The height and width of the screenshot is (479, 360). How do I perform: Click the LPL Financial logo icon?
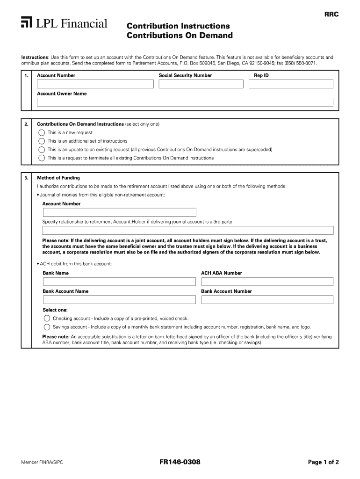(x=26, y=22)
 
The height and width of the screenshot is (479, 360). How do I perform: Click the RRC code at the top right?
(x=331, y=15)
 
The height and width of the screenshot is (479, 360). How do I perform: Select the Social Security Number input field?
(x=201, y=84)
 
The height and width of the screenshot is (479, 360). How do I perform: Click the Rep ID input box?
(x=291, y=84)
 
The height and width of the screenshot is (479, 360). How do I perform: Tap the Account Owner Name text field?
(x=185, y=102)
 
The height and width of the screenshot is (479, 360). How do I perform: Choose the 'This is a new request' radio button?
(x=42, y=132)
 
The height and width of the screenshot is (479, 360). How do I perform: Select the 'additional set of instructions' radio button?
(x=42, y=141)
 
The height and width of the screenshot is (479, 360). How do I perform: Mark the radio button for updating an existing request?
(x=42, y=150)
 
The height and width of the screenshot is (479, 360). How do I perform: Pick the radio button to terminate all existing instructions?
(x=42, y=158)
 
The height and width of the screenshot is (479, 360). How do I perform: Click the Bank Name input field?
(x=119, y=282)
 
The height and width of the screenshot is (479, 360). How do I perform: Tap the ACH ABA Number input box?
(x=267, y=282)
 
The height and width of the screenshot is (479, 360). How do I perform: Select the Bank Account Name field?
(x=119, y=299)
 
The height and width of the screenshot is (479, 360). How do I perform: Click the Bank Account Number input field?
(x=267, y=299)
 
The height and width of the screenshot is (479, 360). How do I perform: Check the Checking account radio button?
(x=47, y=319)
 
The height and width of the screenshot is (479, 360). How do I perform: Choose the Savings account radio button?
(x=47, y=327)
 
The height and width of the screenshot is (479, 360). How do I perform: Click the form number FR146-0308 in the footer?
(x=180, y=462)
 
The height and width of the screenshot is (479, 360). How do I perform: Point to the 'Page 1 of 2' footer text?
(x=323, y=462)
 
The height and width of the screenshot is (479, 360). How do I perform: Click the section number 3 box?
(x=27, y=178)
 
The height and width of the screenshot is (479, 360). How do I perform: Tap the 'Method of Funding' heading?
(x=58, y=178)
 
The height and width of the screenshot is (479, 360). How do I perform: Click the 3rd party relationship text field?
(x=187, y=230)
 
